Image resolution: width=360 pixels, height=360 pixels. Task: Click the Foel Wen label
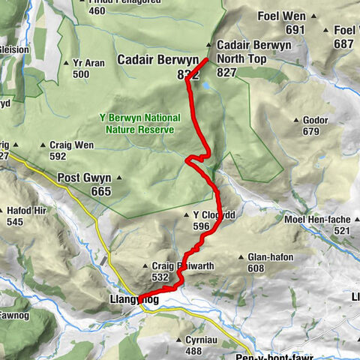point(282,16)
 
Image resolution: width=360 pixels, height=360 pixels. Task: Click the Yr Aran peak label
point(88,63)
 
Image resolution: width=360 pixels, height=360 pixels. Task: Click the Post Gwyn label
point(84,178)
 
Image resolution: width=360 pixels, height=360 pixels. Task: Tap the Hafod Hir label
point(26,211)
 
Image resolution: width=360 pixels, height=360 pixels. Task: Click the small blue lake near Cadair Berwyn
point(205,85)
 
